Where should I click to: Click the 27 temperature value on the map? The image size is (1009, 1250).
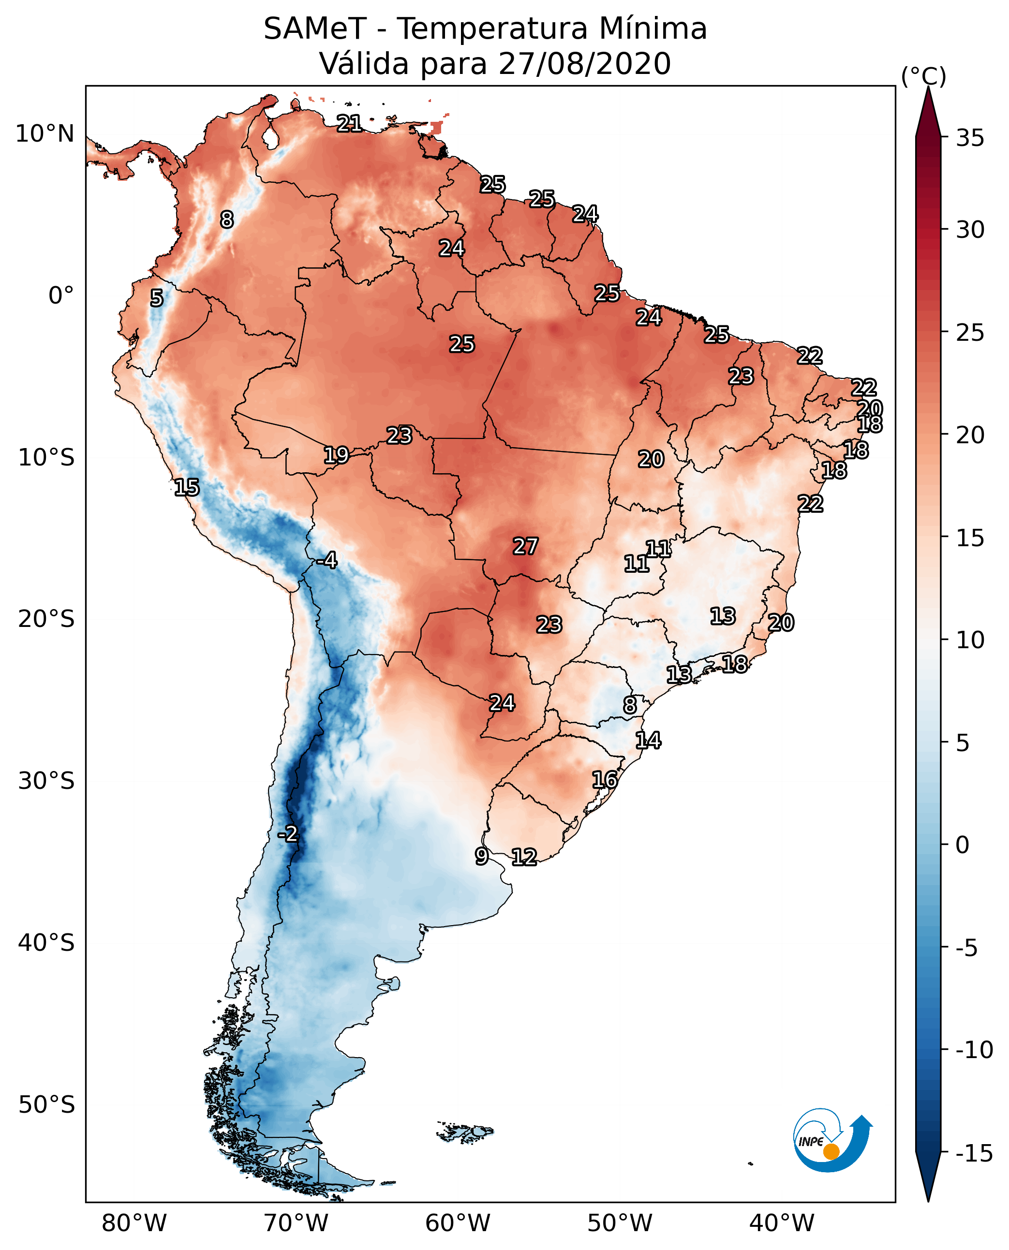click(525, 546)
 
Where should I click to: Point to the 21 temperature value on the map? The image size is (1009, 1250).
click(349, 123)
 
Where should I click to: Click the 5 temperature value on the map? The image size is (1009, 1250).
click(157, 298)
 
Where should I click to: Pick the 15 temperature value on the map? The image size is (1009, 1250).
click(187, 487)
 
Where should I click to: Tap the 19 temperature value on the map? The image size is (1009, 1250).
click(336, 455)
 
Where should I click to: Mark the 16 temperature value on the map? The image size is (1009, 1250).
click(605, 780)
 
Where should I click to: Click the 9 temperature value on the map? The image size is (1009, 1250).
click(482, 856)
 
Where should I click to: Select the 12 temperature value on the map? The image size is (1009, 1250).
click(524, 857)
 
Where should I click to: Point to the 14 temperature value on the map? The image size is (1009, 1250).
click(648, 741)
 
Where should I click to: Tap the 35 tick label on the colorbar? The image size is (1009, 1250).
click(970, 138)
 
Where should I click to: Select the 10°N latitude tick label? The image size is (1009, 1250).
click(45, 134)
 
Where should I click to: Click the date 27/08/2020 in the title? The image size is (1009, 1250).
click(585, 63)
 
